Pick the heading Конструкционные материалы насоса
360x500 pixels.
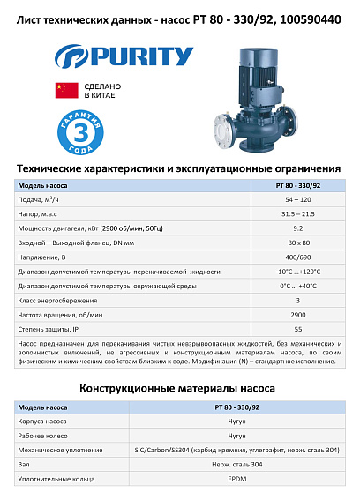tap(179, 388)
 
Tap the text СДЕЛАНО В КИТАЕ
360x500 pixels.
tap(103, 90)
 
